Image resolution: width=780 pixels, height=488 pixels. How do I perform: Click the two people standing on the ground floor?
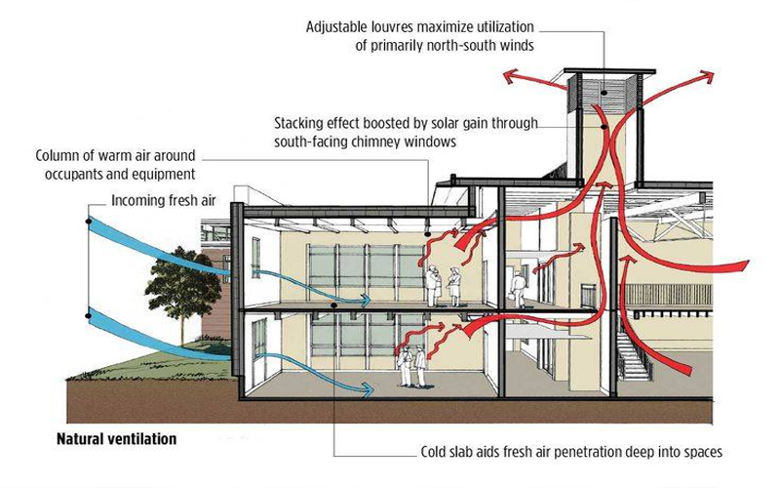[x=411, y=367]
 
